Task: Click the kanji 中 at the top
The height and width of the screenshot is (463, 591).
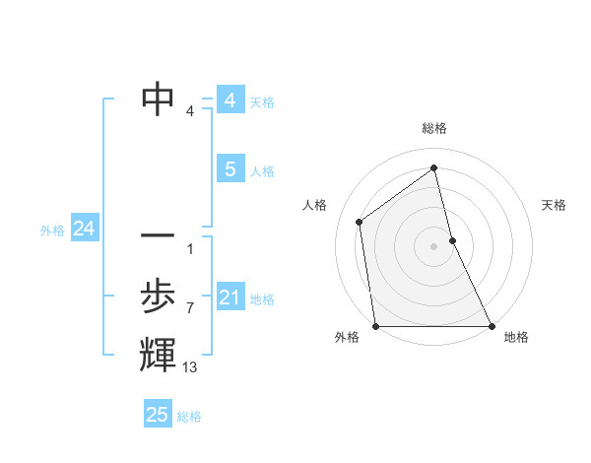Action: pyautogui.click(x=158, y=99)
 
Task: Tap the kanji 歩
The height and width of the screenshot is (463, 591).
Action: pyautogui.click(x=158, y=296)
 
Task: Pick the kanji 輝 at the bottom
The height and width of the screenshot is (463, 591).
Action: pyautogui.click(x=158, y=354)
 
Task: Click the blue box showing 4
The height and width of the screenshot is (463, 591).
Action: pyautogui.click(x=230, y=100)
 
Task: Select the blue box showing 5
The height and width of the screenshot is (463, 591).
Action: pyautogui.click(x=230, y=169)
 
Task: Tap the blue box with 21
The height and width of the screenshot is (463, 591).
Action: pyautogui.click(x=230, y=298)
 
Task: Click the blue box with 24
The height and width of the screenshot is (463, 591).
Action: pyautogui.click(x=84, y=229)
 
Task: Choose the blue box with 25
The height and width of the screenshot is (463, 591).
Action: pyautogui.click(x=158, y=415)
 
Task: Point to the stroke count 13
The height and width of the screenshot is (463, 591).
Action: pyautogui.click(x=190, y=366)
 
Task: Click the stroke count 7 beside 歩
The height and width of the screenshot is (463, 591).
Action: pyautogui.click(x=189, y=307)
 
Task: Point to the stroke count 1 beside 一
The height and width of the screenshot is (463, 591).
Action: pyautogui.click(x=189, y=248)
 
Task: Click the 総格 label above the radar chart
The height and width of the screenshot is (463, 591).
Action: pyautogui.click(x=434, y=128)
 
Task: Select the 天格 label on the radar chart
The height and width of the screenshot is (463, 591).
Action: pyautogui.click(x=554, y=205)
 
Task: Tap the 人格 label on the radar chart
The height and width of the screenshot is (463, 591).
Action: pyautogui.click(x=314, y=205)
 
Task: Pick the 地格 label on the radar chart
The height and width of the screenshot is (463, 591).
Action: pyautogui.click(x=516, y=337)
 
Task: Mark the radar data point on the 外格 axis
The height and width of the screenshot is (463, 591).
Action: pyautogui.click(x=376, y=326)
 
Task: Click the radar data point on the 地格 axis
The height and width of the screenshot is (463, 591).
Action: pyautogui.click(x=492, y=326)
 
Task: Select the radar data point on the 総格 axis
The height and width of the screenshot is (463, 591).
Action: pyautogui.click(x=434, y=167)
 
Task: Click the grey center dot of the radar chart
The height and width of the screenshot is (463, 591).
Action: pyautogui.click(x=434, y=245)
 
